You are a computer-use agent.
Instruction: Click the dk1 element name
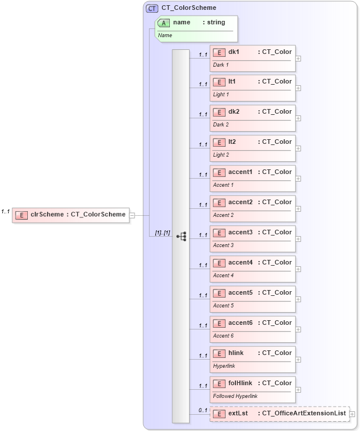coord(234,52)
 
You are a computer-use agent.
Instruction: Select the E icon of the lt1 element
coord(219,82)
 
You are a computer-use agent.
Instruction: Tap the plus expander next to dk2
coord(298,118)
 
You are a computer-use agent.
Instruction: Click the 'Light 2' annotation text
coord(221,155)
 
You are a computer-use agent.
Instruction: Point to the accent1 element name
coord(240,172)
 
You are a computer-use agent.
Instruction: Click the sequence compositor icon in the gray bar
coord(181,236)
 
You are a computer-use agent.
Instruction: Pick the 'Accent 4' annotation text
coord(223,276)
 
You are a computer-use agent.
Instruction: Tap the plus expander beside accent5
coord(298,299)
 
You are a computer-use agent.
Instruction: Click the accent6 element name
coord(240,323)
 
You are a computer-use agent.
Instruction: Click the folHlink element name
coord(239,383)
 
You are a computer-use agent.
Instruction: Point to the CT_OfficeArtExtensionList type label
coord(304,413)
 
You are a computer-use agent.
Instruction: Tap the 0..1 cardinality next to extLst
coord(203,410)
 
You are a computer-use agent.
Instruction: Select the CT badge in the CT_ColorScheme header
coord(152,8)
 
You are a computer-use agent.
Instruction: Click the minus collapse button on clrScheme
coord(132,215)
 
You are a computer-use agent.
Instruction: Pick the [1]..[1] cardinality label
coord(162,233)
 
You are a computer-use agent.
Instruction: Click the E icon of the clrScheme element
coord(21,215)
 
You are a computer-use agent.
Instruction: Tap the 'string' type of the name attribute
coord(216,22)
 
